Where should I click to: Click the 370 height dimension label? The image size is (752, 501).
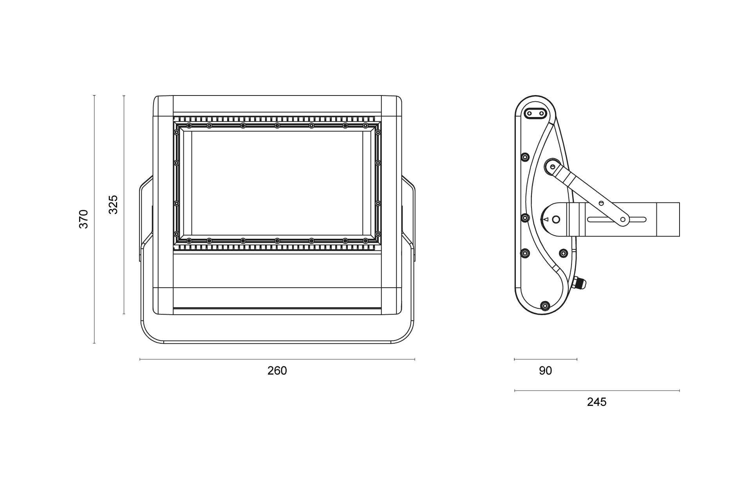point(83,219)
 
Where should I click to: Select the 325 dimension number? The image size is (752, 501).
point(113,204)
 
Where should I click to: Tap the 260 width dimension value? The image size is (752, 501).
point(277,371)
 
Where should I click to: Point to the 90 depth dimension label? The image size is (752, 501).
point(545,371)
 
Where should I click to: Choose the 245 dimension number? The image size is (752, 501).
point(597,402)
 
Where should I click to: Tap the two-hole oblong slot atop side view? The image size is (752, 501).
point(535,114)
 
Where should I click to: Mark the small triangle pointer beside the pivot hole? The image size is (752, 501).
point(546,220)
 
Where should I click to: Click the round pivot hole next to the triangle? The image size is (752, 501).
point(556,220)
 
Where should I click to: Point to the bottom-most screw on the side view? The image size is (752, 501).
point(545,305)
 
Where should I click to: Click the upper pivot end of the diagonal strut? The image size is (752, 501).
point(552,166)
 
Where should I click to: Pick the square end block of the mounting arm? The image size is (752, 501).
point(668,220)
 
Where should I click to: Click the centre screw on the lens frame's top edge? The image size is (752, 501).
point(277,126)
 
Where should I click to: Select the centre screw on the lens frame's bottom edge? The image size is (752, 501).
point(277,241)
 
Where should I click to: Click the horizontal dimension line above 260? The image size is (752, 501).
point(277,359)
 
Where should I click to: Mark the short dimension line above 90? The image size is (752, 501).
point(545,359)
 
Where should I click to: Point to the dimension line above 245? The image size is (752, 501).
point(597,391)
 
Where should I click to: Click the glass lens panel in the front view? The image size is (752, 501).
point(277,183)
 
